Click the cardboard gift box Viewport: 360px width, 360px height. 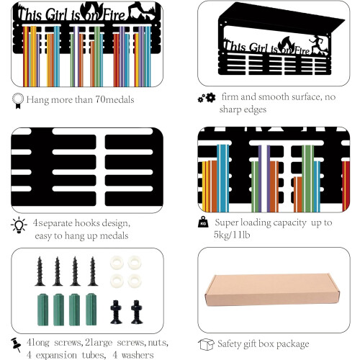click(272, 290)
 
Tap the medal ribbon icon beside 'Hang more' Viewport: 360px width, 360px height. click(18, 101)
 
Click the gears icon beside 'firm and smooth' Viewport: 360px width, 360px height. click(207, 97)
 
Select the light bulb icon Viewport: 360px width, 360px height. click(19, 225)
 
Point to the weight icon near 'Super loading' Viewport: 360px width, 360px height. click(203, 222)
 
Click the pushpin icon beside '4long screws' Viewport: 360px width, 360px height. click(17, 344)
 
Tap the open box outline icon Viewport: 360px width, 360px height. click(206, 344)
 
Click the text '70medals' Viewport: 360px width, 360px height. click(114, 99)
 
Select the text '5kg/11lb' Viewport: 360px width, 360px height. click(232, 235)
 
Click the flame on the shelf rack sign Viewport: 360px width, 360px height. click(287, 45)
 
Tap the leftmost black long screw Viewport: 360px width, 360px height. click(40, 271)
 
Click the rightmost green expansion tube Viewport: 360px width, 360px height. click(91, 309)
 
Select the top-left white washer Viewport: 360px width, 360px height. click(117, 263)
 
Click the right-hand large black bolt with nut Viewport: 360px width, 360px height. click(137, 312)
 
